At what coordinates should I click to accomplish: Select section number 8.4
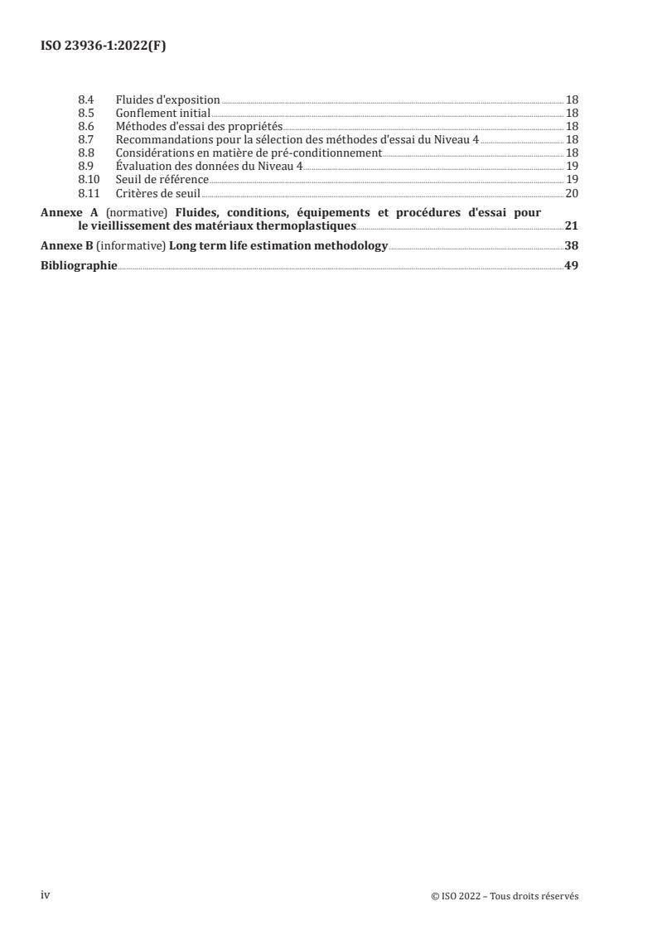point(85,100)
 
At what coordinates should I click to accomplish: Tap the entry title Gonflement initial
point(163,114)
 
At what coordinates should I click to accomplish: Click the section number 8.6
point(85,126)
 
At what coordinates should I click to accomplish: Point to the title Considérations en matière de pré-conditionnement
point(249,153)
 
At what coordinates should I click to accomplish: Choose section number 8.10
point(87,179)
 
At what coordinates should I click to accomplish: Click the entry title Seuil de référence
point(162,179)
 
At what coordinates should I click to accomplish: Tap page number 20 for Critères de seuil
point(571,193)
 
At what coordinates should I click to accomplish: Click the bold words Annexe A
point(69,212)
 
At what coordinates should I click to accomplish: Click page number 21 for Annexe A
point(571,225)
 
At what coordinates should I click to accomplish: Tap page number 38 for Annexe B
point(571,246)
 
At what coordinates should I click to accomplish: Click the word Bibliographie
point(79,266)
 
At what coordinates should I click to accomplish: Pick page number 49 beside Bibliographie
point(571,266)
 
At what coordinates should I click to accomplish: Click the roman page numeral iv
point(46,894)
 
